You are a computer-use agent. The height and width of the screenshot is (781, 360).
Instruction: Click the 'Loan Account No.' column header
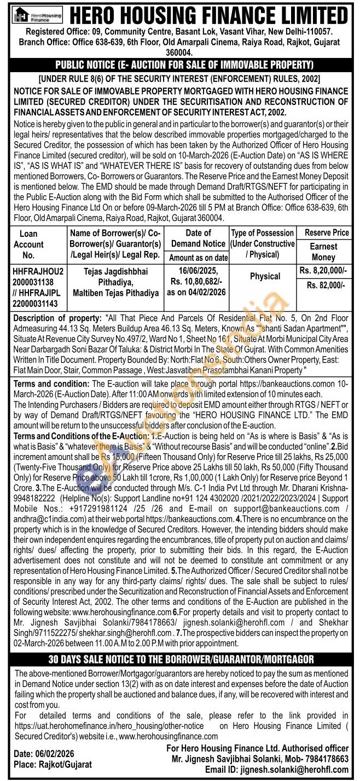click(x=28, y=244)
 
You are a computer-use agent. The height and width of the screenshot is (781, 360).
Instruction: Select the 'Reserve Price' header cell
click(x=327, y=232)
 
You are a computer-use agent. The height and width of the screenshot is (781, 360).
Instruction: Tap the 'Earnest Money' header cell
click(x=324, y=252)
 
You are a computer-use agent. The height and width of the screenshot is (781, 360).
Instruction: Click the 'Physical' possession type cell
click(x=265, y=277)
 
